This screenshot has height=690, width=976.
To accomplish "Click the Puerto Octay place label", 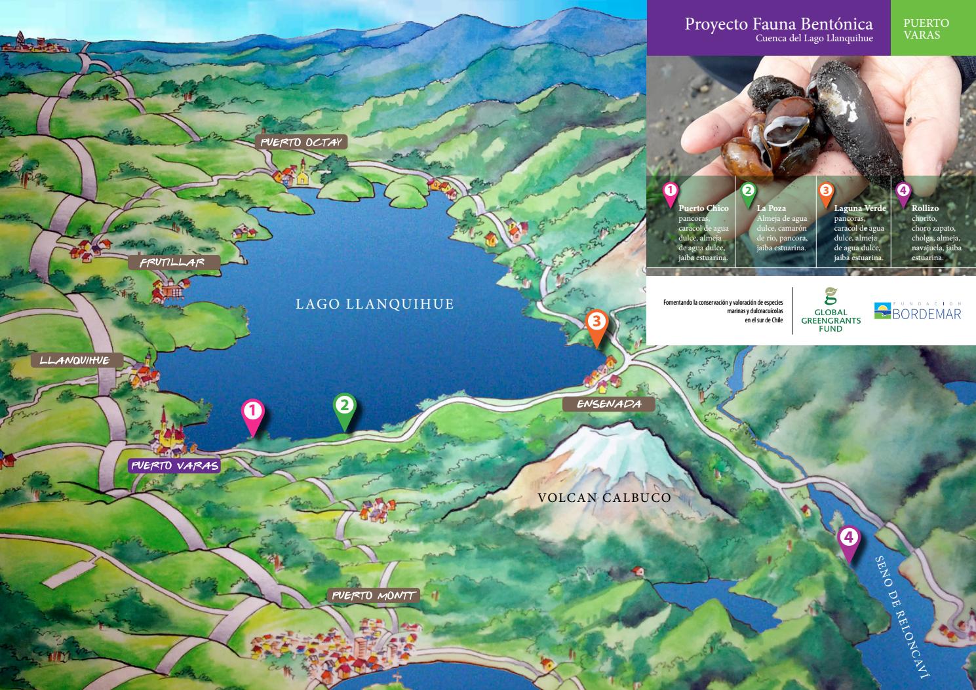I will click(302, 143).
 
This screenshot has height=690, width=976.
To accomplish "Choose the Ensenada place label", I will click(608, 404).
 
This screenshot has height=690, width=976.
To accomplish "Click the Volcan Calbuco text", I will click(604, 498).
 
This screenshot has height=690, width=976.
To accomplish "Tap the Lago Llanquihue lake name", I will click(374, 304).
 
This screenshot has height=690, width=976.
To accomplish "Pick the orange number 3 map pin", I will click(596, 324).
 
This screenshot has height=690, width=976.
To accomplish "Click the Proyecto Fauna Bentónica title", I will click(778, 24).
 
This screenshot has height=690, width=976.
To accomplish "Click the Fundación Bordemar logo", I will click(917, 311).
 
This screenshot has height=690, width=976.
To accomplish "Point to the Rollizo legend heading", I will click(925, 208).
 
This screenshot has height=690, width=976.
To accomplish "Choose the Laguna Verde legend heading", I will click(859, 208).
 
